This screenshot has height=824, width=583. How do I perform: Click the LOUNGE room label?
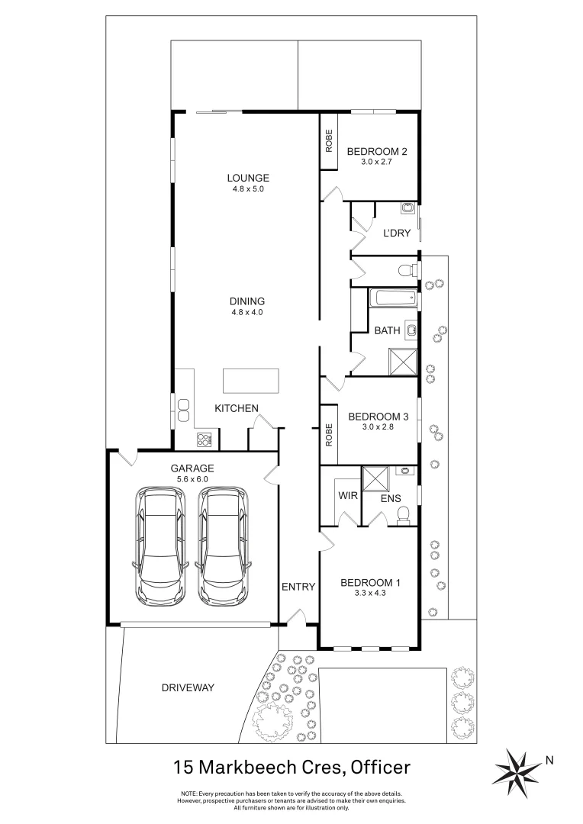[x=248, y=179]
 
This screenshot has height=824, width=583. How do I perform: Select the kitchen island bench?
[x=250, y=380]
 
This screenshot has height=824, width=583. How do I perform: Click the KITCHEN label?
[x=237, y=409]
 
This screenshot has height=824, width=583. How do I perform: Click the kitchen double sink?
[x=183, y=410]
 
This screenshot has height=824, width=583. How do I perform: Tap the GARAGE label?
[x=192, y=468]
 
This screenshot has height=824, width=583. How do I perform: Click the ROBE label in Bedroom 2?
[x=330, y=142]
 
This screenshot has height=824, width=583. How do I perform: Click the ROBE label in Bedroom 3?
[x=330, y=435]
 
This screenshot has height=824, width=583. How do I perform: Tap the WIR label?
[x=348, y=495]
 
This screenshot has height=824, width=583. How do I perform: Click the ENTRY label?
[x=298, y=587]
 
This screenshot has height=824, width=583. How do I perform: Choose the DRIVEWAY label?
[x=188, y=687]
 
